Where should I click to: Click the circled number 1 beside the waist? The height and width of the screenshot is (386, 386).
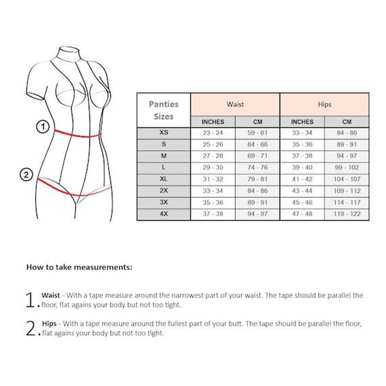pyautogui.click(x=43, y=127)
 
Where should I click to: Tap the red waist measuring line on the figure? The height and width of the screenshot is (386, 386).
pyautogui.click(x=78, y=134)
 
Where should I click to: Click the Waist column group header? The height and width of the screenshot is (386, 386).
pyautogui.click(x=235, y=105)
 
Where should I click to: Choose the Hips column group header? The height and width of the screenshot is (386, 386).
pyautogui.click(x=324, y=105)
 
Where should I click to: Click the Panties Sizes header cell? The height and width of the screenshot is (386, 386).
pyautogui.click(x=163, y=110)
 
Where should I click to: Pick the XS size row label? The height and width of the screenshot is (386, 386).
pyautogui.click(x=163, y=133)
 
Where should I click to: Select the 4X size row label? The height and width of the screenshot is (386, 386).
pyautogui.click(x=163, y=214)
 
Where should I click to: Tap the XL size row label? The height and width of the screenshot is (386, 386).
pyautogui.click(x=163, y=179)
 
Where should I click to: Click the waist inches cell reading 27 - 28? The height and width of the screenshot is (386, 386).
pyautogui.click(x=212, y=156)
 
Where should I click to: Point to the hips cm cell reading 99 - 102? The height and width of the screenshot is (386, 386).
pyautogui.click(x=347, y=168)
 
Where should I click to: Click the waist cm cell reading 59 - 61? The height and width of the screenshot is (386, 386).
pyautogui.click(x=257, y=133)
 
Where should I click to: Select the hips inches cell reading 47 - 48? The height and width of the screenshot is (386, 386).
pyautogui.click(x=302, y=214)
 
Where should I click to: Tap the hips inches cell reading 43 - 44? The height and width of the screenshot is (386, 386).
pyautogui.click(x=302, y=191)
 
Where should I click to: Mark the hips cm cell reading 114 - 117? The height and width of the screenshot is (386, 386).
pyautogui.click(x=347, y=202)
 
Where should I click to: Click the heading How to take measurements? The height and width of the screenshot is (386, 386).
pyautogui.click(x=79, y=267)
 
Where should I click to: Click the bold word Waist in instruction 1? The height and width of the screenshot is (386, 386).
pyautogui.click(x=51, y=295)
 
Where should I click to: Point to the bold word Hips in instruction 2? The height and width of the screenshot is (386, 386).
pyautogui.click(x=49, y=323)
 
